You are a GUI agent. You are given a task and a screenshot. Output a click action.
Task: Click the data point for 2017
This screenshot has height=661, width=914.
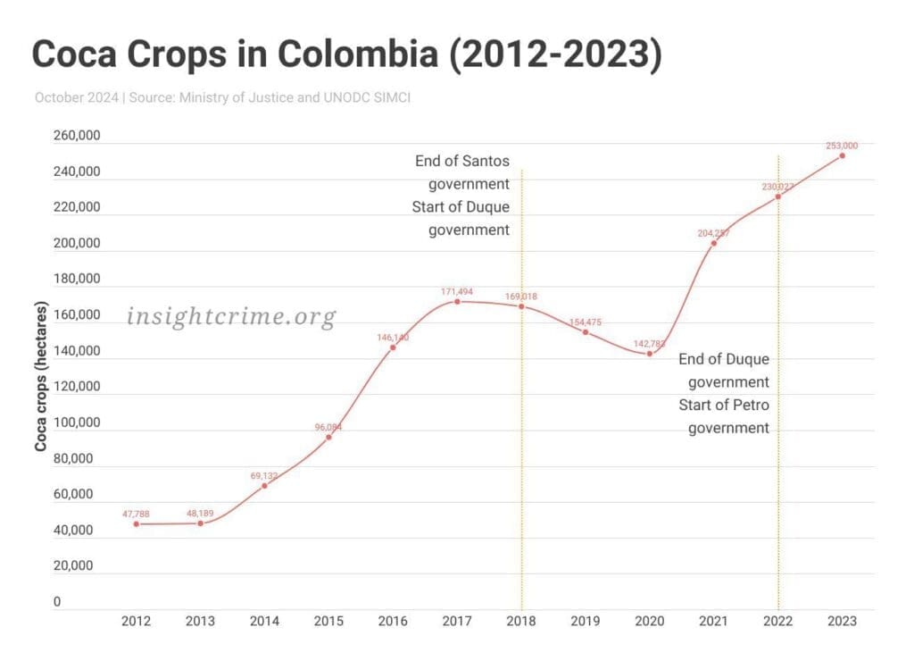457,302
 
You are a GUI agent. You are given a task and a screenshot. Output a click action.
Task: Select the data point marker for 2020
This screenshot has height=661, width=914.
650,354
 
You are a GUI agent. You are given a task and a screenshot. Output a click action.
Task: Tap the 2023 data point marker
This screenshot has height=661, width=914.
842,155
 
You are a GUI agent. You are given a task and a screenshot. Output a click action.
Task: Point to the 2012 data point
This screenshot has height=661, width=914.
137,523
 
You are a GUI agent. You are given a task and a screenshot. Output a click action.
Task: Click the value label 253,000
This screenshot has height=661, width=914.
842,145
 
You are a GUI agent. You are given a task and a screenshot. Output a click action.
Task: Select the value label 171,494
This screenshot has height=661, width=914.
457,291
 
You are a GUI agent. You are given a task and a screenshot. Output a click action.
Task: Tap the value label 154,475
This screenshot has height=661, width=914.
586,321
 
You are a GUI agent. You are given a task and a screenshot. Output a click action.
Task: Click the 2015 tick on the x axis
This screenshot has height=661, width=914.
328,622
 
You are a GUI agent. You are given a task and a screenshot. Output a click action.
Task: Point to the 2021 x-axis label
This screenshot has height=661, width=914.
713,622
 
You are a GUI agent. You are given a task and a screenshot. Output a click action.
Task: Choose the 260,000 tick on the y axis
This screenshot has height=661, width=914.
77,136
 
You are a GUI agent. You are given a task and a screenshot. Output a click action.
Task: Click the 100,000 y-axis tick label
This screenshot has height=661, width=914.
77,423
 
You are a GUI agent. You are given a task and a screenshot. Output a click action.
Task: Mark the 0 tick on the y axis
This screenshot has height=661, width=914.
57,602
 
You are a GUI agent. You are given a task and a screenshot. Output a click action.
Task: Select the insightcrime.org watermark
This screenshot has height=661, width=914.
231,316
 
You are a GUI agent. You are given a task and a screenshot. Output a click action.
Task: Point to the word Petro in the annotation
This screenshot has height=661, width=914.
749,405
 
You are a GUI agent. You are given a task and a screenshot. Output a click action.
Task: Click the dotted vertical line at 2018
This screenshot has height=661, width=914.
521,447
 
